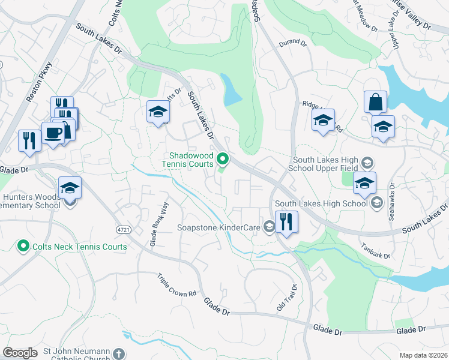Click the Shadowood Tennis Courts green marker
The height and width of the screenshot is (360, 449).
click(x=223, y=159)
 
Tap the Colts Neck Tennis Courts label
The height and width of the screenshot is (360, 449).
click(x=80, y=247)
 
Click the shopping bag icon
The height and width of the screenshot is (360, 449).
click(x=375, y=103)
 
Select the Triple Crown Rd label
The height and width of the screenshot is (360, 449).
click(x=177, y=286)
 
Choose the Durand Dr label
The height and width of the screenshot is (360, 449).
click(x=293, y=44)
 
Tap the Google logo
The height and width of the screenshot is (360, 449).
click(x=20, y=353)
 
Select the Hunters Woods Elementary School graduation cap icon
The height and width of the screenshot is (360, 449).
click(x=70, y=188)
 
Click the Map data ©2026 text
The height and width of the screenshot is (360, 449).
click(x=423, y=355)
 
